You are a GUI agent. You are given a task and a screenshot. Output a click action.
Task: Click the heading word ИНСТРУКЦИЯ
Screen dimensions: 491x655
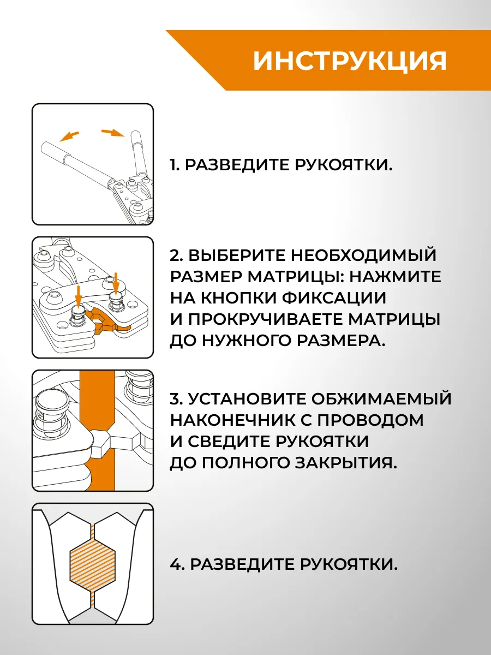point(350,61)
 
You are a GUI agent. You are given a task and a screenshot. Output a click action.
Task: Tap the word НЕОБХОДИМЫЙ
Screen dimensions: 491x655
point(363,255)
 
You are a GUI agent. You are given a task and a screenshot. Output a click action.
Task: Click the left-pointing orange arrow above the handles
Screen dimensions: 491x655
point(69,136)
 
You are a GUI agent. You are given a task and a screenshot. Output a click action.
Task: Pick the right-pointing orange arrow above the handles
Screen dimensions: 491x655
point(113,133)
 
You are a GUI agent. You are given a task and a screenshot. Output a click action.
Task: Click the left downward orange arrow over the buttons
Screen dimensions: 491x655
point(78,296)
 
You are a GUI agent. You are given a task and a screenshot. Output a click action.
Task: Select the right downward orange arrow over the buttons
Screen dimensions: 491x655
point(116,283)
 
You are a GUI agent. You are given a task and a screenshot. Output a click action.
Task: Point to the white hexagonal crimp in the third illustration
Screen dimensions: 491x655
point(100,440)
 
